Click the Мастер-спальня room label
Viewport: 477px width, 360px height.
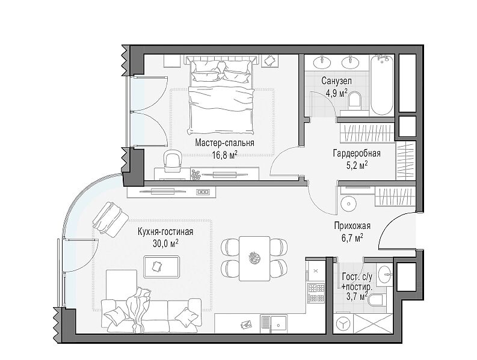(224, 142)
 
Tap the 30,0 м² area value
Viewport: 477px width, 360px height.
(166, 243)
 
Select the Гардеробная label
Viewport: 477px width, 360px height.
(357, 153)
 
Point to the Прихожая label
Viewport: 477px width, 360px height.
(352, 226)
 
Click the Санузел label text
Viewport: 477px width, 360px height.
(336, 81)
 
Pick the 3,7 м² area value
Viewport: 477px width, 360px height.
(357, 296)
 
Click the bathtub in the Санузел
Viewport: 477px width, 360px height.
(382, 85)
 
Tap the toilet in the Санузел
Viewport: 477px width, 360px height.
(354, 100)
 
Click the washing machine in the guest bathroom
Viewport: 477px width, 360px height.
(343, 325)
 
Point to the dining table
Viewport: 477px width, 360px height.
(254, 258)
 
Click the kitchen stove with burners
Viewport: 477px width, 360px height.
(316, 293)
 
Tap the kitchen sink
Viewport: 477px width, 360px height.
(274, 324)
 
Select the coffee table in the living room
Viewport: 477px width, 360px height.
(162, 267)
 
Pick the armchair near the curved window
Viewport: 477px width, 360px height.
(111, 219)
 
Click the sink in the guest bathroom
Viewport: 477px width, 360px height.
(385, 273)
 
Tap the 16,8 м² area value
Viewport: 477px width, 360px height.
(224, 155)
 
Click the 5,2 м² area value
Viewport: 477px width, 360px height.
(357, 165)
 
